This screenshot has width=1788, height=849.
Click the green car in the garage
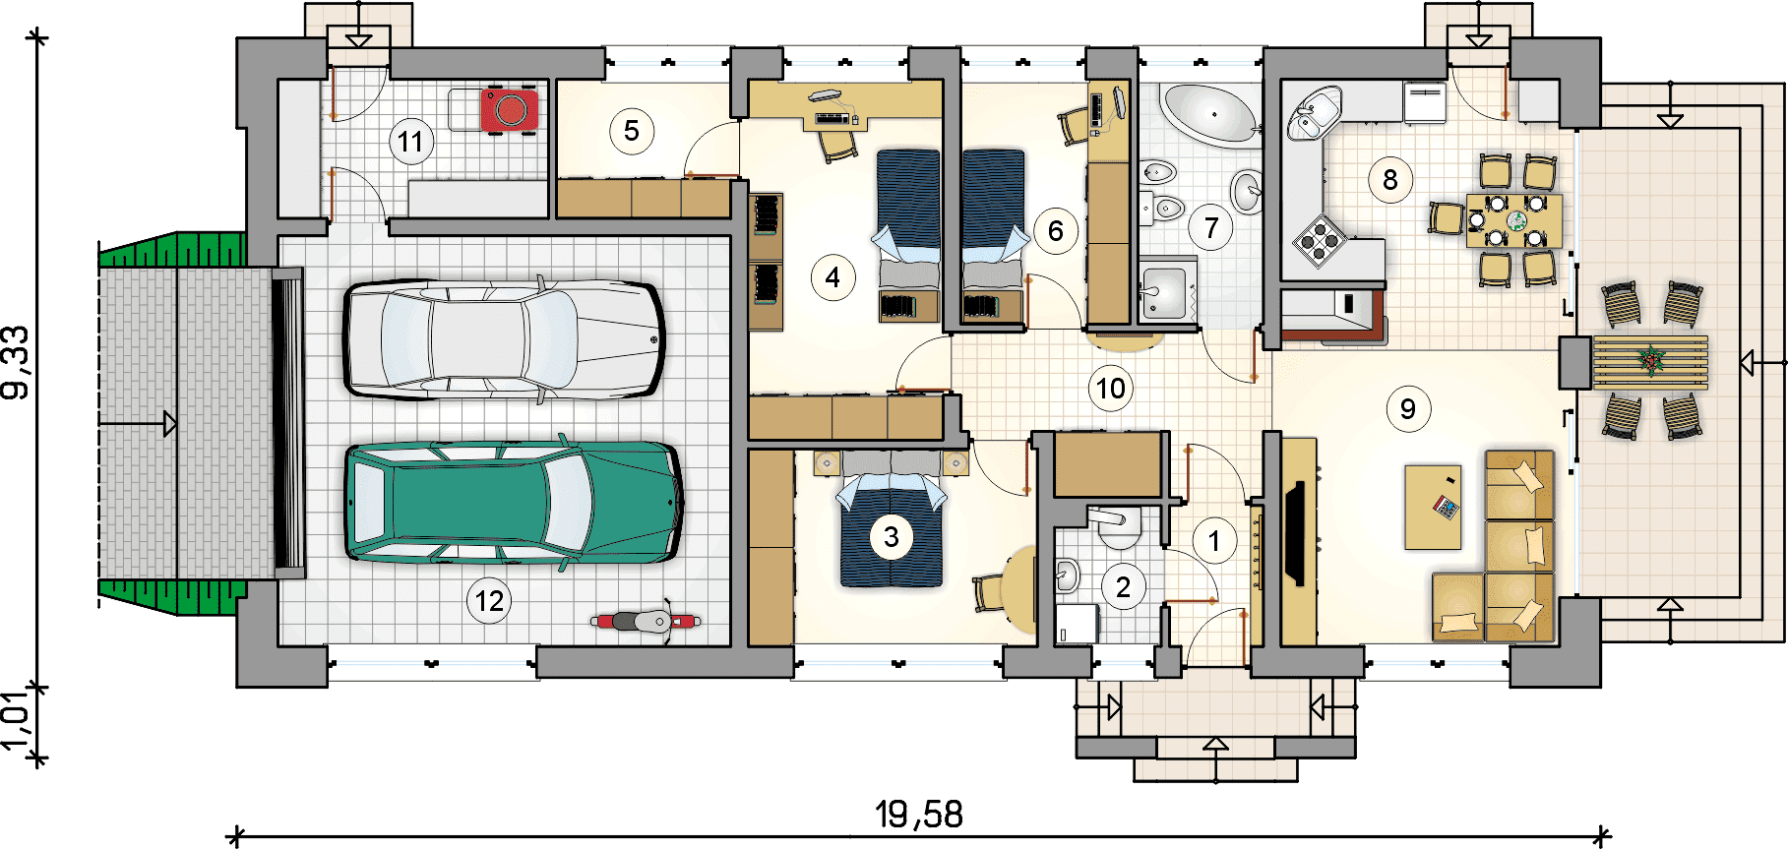(x=514, y=502)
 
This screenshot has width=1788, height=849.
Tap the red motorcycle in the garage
(x=647, y=621)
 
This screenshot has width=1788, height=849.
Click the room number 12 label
(x=489, y=600)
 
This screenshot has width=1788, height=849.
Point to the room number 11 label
(x=410, y=142)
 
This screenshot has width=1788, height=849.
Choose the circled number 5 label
(x=632, y=130)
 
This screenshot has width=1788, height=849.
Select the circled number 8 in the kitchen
(x=1389, y=180)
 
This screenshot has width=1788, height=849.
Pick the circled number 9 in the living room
(x=1407, y=408)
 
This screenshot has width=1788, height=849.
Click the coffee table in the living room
(x=1433, y=508)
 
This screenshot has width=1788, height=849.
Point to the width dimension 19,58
(x=919, y=815)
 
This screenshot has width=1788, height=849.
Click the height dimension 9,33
(x=17, y=363)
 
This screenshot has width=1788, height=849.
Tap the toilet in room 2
(x=1117, y=527)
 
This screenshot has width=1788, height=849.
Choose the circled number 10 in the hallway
(x=1111, y=389)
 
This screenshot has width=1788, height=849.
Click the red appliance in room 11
(x=510, y=108)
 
